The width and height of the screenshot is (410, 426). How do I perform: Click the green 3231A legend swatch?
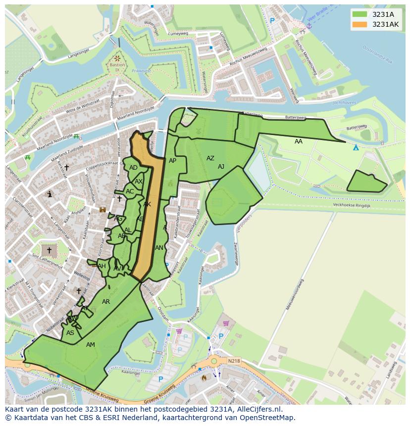coord(360,14)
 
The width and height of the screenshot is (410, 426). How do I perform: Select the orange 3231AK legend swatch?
coord(360,24)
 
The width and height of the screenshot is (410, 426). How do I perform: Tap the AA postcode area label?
coord(298,142)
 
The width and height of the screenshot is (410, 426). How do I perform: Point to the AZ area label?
coord(210,158)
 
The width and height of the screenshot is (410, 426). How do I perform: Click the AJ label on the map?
coord(221,167)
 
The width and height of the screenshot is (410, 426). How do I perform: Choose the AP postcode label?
coord(172,161)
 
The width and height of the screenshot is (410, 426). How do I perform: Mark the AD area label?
coord(133,168)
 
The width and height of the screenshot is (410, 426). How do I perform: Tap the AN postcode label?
coord(159,248)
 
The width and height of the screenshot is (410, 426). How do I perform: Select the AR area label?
coord(106,302)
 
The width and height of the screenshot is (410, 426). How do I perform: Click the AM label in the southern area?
coord(91,345)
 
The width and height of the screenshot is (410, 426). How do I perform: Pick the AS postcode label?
coord(70,333)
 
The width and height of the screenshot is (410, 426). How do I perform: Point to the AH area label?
coord(102,266)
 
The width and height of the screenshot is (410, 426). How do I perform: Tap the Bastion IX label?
coord(117,67)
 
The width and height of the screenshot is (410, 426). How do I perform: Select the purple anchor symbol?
coord(309,25)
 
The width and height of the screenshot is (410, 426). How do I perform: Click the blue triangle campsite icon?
coord(356,147)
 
